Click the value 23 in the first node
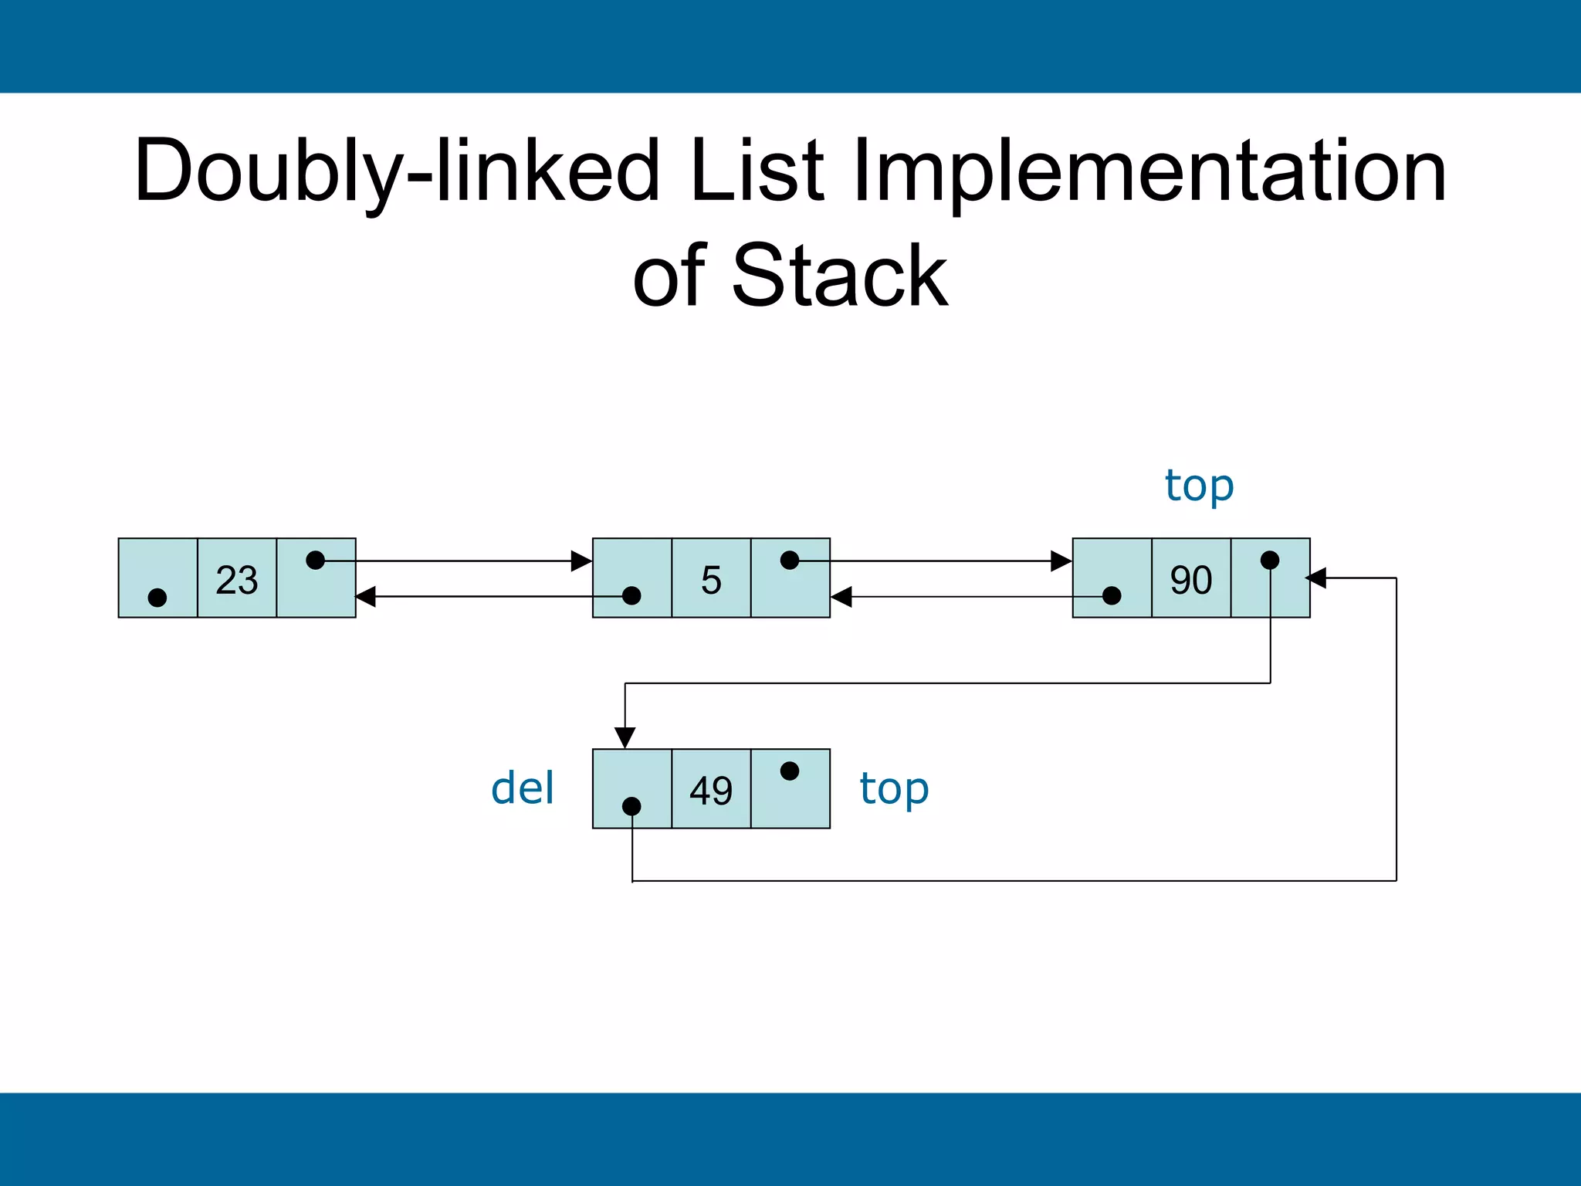pos(236,580)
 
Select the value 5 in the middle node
pos(711,580)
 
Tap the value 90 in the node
pos(1191,580)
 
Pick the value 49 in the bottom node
pos(711,791)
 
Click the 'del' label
pos(523,788)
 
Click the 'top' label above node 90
pos(1199,486)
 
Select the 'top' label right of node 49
pos(894,789)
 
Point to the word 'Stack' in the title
pos(839,276)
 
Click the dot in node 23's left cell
pos(157,597)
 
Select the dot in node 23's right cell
pos(315,560)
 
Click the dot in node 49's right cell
pos(789,771)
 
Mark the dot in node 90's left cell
pos(1112,595)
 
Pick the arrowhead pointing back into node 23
pos(365,596)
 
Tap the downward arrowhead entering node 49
pos(625,737)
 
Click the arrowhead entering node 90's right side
pos(1315,578)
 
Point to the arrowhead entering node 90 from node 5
pos(1061,561)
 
